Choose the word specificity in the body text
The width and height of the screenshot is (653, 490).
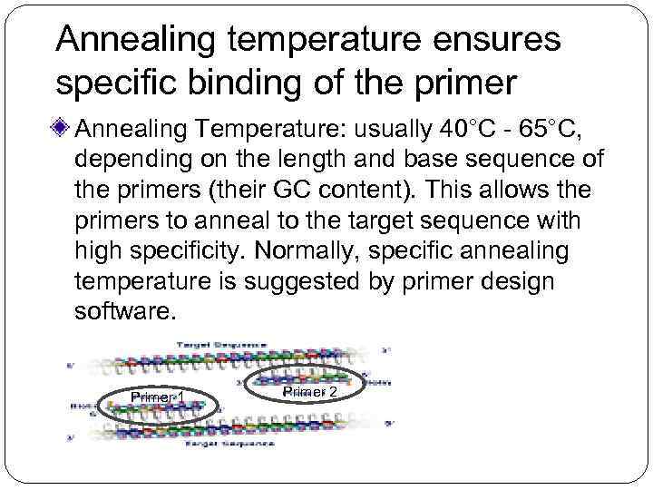pos(167,251)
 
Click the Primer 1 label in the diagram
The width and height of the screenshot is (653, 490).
pos(157,397)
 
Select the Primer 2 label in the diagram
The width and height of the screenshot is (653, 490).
pos(309,391)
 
